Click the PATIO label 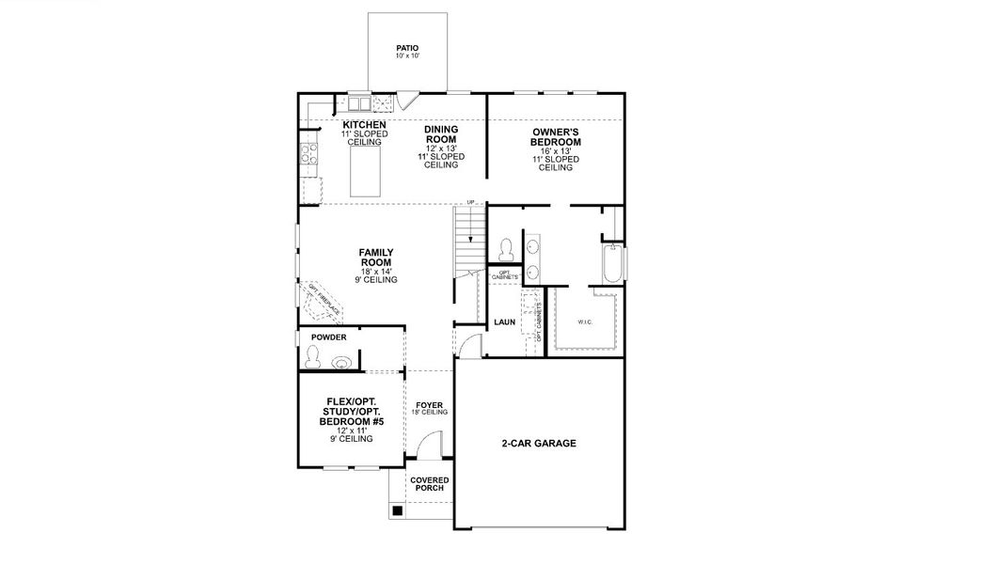coord(407,48)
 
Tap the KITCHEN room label coord(364,125)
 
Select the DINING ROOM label coord(441,134)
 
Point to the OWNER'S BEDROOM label coord(555,137)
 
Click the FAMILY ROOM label coord(376,258)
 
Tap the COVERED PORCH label coord(429,484)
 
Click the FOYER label coord(429,405)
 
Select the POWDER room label coord(329,337)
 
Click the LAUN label coord(504,322)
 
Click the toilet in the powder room coord(313,357)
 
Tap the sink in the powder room coord(342,360)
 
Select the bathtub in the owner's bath coord(612,264)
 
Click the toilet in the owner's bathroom coord(505,248)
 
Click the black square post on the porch coord(398,511)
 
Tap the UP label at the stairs coord(471,202)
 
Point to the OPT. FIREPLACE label coord(323,296)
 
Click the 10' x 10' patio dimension coord(407,56)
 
